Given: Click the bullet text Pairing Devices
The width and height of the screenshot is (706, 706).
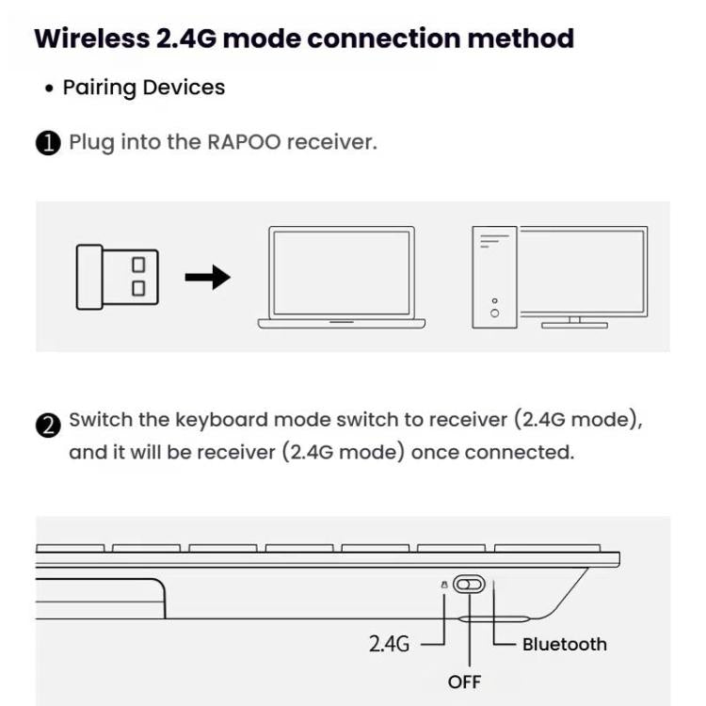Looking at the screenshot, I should [x=143, y=88].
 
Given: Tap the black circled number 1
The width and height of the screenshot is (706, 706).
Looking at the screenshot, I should [x=48, y=144].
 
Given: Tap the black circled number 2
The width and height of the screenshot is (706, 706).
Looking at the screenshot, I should [x=48, y=425].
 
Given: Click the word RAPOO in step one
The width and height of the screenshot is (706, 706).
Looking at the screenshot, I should [x=244, y=143].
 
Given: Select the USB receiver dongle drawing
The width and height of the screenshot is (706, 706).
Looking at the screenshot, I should [x=117, y=277].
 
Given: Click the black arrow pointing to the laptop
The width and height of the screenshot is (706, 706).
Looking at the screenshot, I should [x=207, y=277].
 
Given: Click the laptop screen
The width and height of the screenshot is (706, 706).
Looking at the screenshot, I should [x=341, y=273].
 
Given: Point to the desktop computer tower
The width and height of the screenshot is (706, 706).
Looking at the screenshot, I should [x=494, y=277].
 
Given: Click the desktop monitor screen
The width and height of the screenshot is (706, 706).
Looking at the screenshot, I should [x=584, y=271].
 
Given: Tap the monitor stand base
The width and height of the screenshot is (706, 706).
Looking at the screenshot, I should [x=574, y=325].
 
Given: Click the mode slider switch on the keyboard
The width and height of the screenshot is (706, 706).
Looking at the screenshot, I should [x=468, y=585].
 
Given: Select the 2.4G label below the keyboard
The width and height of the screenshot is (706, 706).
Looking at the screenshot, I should [x=389, y=645].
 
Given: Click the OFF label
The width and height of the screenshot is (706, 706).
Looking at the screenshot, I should [x=464, y=681].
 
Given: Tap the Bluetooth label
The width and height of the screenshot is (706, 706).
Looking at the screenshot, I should [x=565, y=645].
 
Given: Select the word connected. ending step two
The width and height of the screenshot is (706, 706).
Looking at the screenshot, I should [x=519, y=452].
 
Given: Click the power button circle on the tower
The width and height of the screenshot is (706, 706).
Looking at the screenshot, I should [x=495, y=313].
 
